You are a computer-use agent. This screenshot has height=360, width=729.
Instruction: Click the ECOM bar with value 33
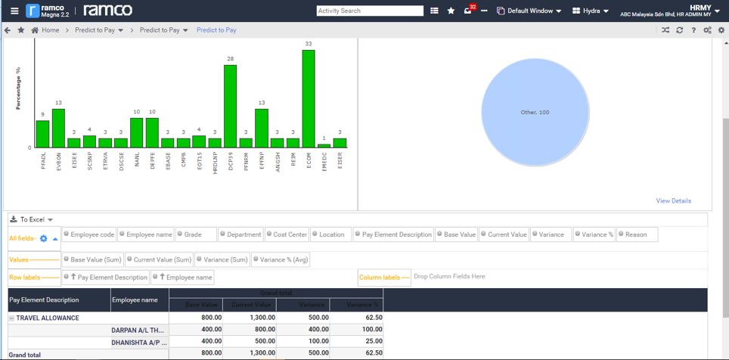pyautogui.click(x=309, y=98)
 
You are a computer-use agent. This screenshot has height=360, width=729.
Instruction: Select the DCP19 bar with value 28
pyautogui.click(x=230, y=106)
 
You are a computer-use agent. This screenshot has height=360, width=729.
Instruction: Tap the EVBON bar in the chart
pyautogui.click(x=58, y=128)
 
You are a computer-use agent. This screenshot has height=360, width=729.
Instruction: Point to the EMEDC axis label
pyautogui.click(x=324, y=161)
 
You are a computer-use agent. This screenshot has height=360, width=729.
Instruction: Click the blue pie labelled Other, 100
pyautogui.click(x=535, y=112)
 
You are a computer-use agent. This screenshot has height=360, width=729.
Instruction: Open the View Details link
pyautogui.click(x=673, y=201)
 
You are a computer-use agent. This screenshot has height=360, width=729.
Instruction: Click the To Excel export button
pyautogui.click(x=32, y=219)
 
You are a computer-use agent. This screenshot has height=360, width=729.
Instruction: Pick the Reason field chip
pyautogui.click(x=636, y=234)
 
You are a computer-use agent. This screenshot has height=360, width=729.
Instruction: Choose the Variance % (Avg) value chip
pyautogui.click(x=281, y=259)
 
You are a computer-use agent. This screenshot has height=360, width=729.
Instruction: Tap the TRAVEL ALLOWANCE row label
pyautogui.click(x=47, y=318)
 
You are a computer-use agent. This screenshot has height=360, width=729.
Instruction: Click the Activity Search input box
pyautogui.click(x=370, y=11)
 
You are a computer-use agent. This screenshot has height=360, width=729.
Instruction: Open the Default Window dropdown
pyautogui.click(x=529, y=11)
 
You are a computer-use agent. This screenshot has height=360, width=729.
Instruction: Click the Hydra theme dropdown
pyautogui.click(x=591, y=11)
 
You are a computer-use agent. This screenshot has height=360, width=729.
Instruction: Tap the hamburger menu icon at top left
pyautogui.click(x=14, y=11)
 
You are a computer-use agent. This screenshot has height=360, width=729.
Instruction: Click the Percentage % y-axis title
pyautogui.click(x=18, y=88)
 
